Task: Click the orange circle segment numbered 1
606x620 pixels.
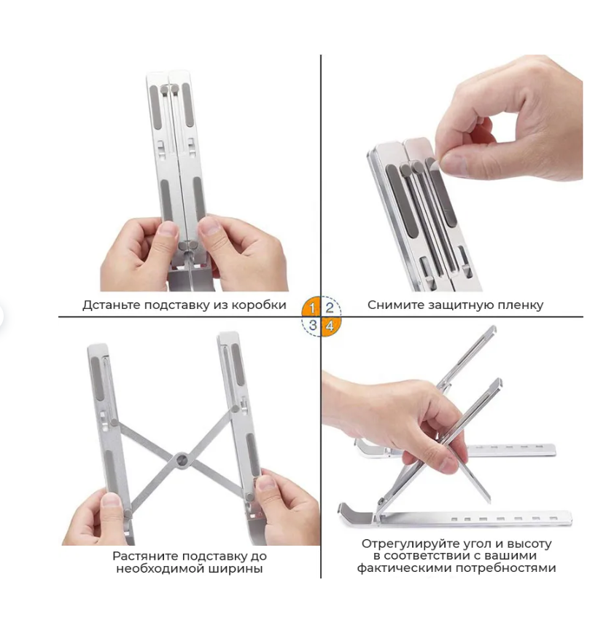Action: tap(312, 307)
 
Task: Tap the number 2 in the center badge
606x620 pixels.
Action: tap(330, 307)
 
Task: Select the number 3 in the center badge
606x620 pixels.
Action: tap(313, 325)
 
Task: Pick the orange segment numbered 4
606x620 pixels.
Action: tap(330, 326)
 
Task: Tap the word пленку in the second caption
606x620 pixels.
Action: tap(521, 305)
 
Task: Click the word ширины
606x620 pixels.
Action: tap(241, 569)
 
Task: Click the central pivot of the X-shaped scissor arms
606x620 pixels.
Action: tap(182, 460)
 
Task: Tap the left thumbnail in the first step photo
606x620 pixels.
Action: tap(169, 228)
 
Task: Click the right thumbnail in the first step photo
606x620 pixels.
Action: tap(209, 226)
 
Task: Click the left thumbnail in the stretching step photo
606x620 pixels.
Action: tap(112, 501)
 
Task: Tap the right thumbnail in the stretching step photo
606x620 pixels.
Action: tap(266, 483)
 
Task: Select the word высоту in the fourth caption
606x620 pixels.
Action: tap(529, 544)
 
